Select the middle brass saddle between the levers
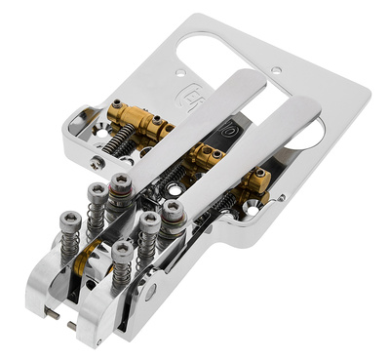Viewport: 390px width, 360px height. click(x=207, y=154)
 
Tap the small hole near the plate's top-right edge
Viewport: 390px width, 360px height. click(x=277, y=71)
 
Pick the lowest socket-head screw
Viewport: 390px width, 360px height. click(x=121, y=252)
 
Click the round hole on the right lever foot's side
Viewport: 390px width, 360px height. click(x=150, y=290)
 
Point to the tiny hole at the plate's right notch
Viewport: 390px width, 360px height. click(x=283, y=198)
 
